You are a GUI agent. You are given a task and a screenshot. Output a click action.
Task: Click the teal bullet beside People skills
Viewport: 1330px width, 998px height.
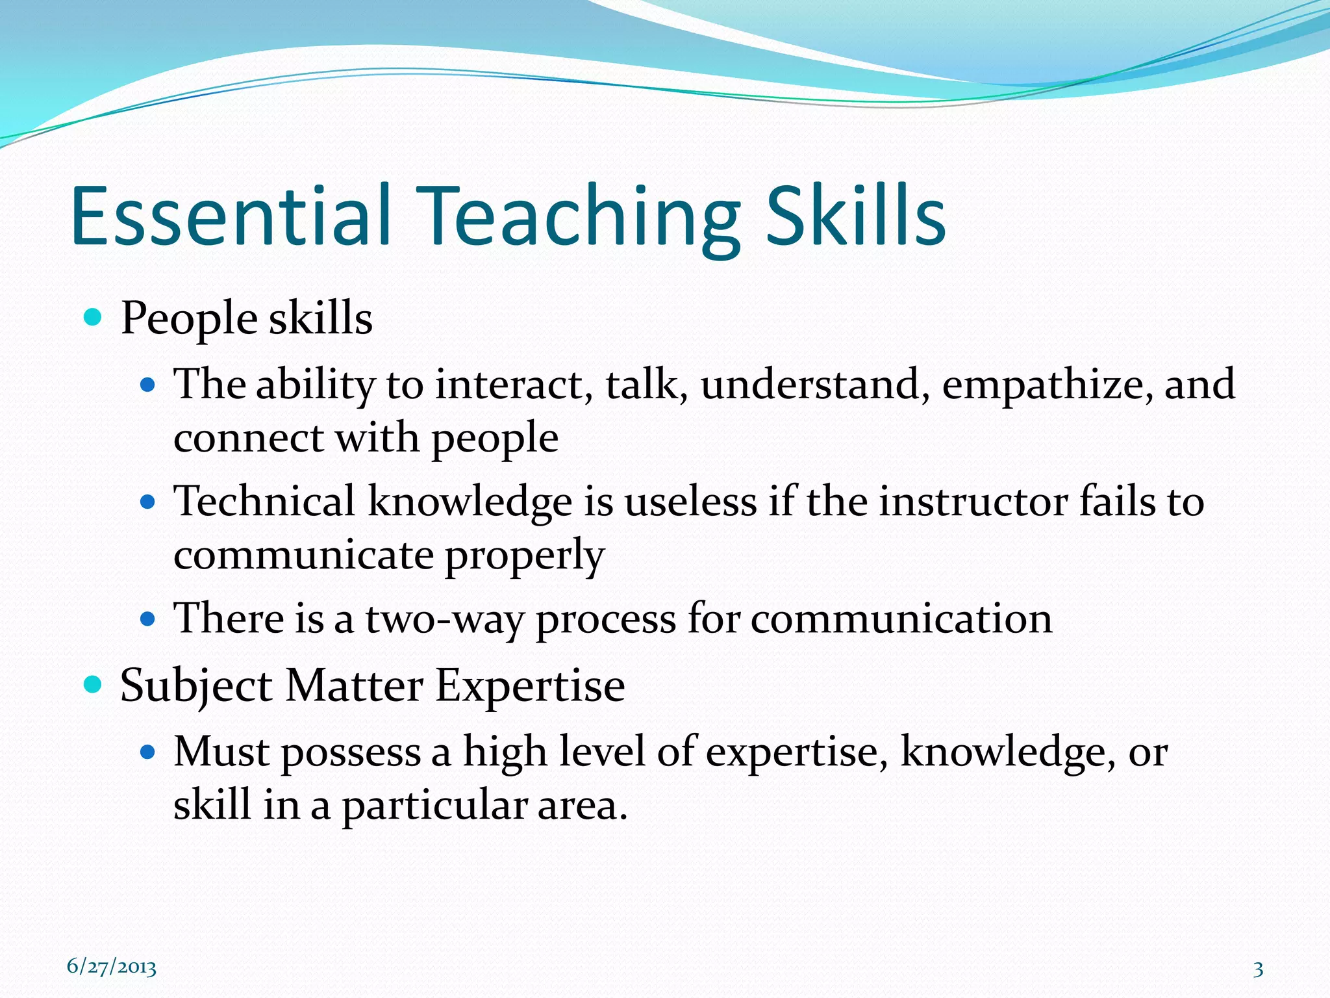tap(94, 318)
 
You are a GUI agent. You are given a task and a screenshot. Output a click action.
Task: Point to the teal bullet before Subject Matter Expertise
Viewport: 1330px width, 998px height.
tap(94, 684)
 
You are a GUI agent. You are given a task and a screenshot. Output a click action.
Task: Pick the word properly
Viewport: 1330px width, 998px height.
tap(524, 556)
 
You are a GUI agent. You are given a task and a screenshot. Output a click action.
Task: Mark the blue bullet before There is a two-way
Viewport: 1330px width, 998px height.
tap(148, 618)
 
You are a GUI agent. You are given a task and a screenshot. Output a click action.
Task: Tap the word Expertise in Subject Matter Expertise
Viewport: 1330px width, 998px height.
tap(529, 685)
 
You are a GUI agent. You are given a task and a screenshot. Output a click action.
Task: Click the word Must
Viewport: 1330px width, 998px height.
tap(221, 752)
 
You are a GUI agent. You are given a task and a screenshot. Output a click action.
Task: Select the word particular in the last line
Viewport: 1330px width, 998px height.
tap(434, 806)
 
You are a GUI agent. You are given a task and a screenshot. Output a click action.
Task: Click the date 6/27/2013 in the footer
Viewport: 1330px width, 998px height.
tap(112, 967)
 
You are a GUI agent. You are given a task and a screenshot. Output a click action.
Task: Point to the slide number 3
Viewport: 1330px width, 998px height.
tap(1258, 969)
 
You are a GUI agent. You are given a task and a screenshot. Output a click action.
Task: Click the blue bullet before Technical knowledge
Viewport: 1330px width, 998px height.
tap(148, 502)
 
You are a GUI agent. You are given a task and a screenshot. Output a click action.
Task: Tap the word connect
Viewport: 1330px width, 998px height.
tap(248, 437)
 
